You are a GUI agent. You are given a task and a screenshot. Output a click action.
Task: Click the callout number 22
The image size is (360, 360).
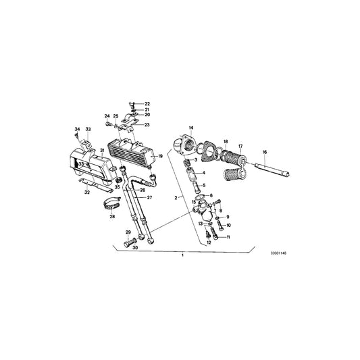coord(148,103)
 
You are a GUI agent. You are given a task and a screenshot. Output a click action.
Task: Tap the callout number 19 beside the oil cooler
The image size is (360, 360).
coord(161,156)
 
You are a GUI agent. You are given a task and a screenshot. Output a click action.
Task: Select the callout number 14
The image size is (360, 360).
coord(190,128)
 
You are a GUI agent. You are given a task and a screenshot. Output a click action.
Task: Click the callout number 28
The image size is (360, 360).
coord(111,217)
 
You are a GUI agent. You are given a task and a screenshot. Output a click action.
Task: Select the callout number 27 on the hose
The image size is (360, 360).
coord(150,198)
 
